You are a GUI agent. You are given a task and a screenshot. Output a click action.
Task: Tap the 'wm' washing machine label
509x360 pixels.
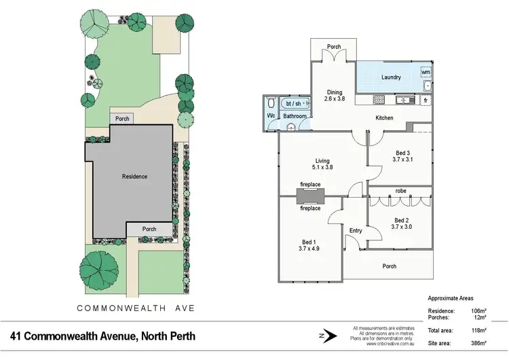click(x=426, y=71)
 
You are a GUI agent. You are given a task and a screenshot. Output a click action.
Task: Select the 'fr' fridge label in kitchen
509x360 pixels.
click(x=426, y=100)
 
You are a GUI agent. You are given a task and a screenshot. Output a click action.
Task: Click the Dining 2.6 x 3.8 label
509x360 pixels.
click(x=335, y=96)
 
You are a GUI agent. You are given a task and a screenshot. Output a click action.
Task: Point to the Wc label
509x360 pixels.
click(x=270, y=116)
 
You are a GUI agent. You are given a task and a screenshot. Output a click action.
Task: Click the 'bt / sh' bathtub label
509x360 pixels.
click(x=293, y=103)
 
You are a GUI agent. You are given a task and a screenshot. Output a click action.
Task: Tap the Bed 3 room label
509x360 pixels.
click(x=402, y=156)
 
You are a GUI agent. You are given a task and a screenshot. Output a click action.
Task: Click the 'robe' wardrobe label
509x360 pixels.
click(x=400, y=192)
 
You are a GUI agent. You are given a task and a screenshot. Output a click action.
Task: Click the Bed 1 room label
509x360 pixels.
click(x=309, y=245)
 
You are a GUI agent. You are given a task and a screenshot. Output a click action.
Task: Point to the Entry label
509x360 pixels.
click(x=356, y=231)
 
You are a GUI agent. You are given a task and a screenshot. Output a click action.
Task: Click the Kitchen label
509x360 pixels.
click(x=385, y=118)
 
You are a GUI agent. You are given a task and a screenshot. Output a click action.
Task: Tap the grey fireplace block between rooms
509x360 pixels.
click(x=310, y=196)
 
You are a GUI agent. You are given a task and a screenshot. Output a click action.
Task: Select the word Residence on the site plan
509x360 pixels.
click(x=134, y=177)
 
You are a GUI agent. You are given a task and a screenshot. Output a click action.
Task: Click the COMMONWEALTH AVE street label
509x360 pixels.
click(x=135, y=308)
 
